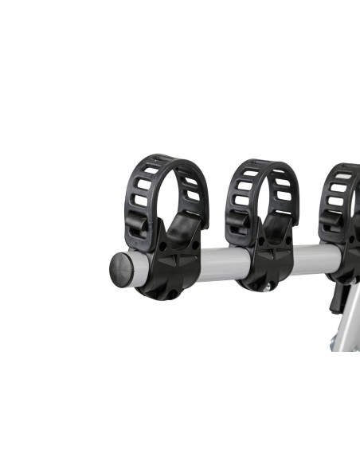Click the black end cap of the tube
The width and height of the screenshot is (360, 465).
click(x=120, y=269)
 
